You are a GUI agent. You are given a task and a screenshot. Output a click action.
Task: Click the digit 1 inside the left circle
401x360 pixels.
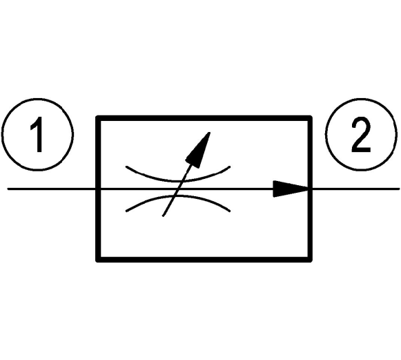tap(37, 135)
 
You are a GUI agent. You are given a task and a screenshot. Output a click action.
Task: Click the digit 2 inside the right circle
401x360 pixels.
tap(360, 135)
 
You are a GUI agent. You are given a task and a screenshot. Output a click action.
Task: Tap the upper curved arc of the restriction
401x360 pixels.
tap(178, 181)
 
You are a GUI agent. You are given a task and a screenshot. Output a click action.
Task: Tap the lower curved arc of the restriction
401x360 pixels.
tap(178, 196)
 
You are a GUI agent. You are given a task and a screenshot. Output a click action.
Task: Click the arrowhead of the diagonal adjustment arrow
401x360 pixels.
tap(199, 150)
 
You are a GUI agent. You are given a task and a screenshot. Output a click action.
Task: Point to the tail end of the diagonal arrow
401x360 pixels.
tap(163, 216)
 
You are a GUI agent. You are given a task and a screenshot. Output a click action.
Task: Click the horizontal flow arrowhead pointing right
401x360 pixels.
tap(291, 189)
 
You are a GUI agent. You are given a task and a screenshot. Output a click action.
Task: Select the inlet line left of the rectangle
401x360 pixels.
tap(51, 189)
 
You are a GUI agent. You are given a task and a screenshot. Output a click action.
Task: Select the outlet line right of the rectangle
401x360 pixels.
tap(355, 189)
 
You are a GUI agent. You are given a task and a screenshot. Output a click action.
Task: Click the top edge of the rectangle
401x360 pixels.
tap(204, 118)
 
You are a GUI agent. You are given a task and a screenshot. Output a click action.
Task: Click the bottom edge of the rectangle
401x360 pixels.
tap(204, 259)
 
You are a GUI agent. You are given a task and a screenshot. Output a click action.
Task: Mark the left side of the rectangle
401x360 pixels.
tap(98, 189)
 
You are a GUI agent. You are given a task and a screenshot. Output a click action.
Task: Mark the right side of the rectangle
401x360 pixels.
tap(310, 189)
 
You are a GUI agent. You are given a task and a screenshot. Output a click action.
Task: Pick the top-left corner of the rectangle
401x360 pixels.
tap(98, 118)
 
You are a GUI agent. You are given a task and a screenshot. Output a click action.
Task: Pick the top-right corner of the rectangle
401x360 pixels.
tap(310, 118)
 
